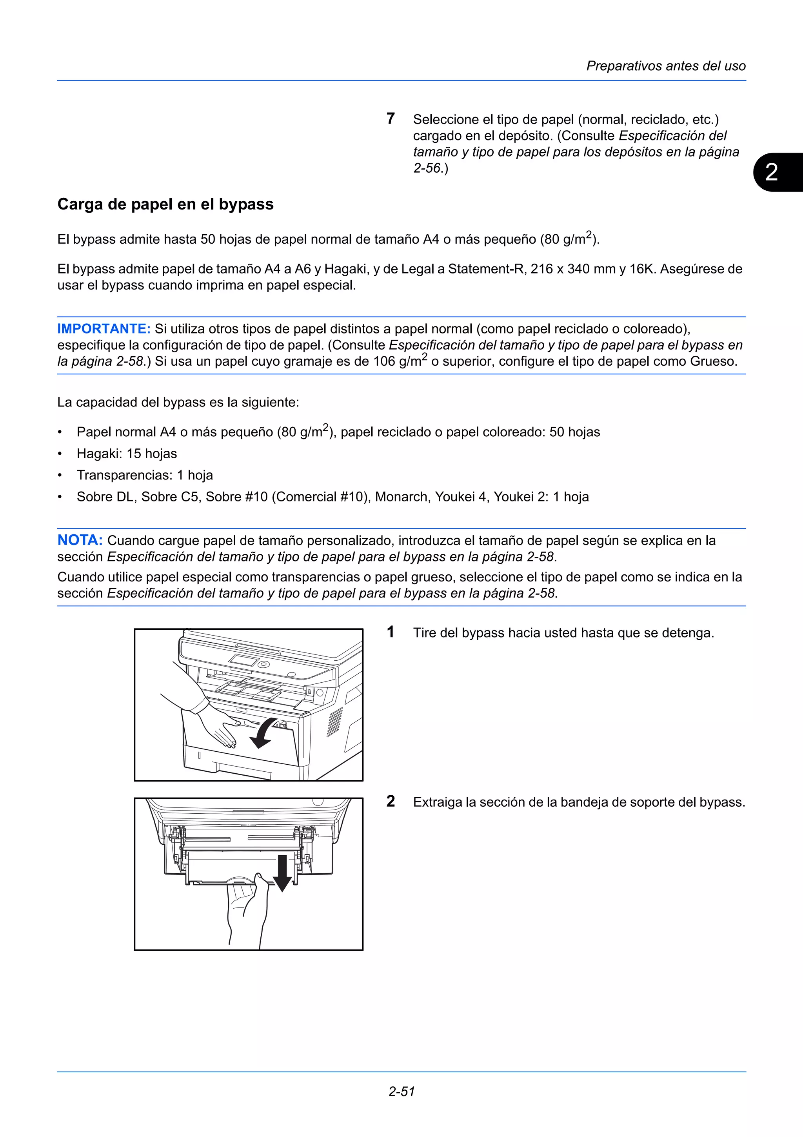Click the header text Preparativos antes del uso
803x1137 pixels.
[665, 66]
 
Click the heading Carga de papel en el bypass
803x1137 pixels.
[165, 204]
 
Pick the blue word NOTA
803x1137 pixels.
[80, 540]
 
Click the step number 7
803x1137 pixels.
[391, 119]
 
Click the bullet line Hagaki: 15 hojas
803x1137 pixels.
[127, 454]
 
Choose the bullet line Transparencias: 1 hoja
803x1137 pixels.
[144, 476]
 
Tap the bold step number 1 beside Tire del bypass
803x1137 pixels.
[391, 632]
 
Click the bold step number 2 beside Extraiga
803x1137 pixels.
[391, 801]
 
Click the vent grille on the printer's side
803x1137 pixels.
[335, 722]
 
